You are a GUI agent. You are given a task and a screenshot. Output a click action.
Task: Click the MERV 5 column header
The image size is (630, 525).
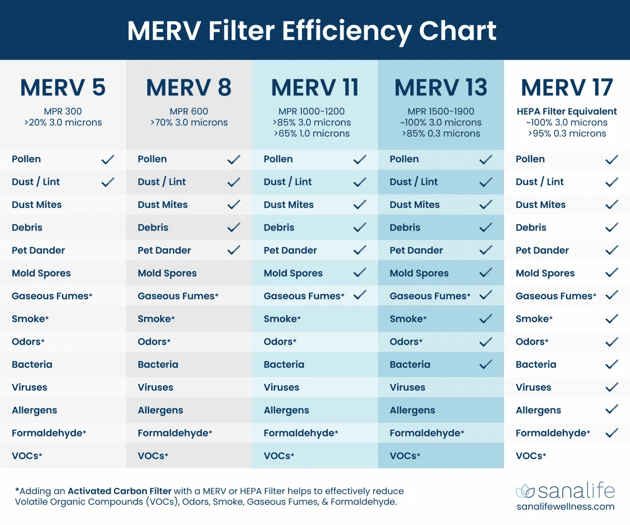pos(63,88)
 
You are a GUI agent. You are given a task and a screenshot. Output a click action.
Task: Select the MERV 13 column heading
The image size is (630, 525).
pos(441,88)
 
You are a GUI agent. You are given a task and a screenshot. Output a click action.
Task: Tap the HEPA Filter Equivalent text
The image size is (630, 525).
pos(567,112)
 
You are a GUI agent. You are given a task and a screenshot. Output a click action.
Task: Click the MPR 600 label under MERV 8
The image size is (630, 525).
pos(189,112)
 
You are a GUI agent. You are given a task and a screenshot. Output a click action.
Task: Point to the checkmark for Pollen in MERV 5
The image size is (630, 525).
pos(108,160)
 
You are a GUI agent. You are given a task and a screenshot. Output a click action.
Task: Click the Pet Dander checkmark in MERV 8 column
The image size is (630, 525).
pos(234,250)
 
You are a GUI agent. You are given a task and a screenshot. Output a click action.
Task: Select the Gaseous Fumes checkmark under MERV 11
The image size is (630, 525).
pos(360,295)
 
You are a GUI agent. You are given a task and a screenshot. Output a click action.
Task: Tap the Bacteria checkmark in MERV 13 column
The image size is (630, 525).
pos(486,364)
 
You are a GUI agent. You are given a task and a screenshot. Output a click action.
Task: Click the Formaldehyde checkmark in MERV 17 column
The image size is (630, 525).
pos(612,433)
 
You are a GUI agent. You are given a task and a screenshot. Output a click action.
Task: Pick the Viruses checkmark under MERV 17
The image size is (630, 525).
pos(612,387)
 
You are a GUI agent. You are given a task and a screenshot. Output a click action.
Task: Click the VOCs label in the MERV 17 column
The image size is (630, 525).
pos(531,456)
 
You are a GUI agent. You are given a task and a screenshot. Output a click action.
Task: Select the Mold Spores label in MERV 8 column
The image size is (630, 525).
pos(167,273)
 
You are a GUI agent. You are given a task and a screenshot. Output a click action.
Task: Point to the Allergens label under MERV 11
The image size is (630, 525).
pos(286,410)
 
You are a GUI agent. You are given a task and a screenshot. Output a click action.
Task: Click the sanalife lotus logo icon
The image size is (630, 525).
pos(525,491)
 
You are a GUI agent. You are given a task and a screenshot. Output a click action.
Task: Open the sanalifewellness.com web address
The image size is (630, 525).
pos(565,507)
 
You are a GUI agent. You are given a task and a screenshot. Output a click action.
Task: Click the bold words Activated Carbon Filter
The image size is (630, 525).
pos(119,491)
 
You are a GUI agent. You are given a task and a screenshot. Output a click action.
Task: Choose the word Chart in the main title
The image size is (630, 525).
pos(457,31)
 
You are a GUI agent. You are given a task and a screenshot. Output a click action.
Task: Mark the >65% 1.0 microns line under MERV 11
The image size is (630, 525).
pos(312,133)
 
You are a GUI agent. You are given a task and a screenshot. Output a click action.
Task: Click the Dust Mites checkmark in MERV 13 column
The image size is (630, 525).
pos(486,204)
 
